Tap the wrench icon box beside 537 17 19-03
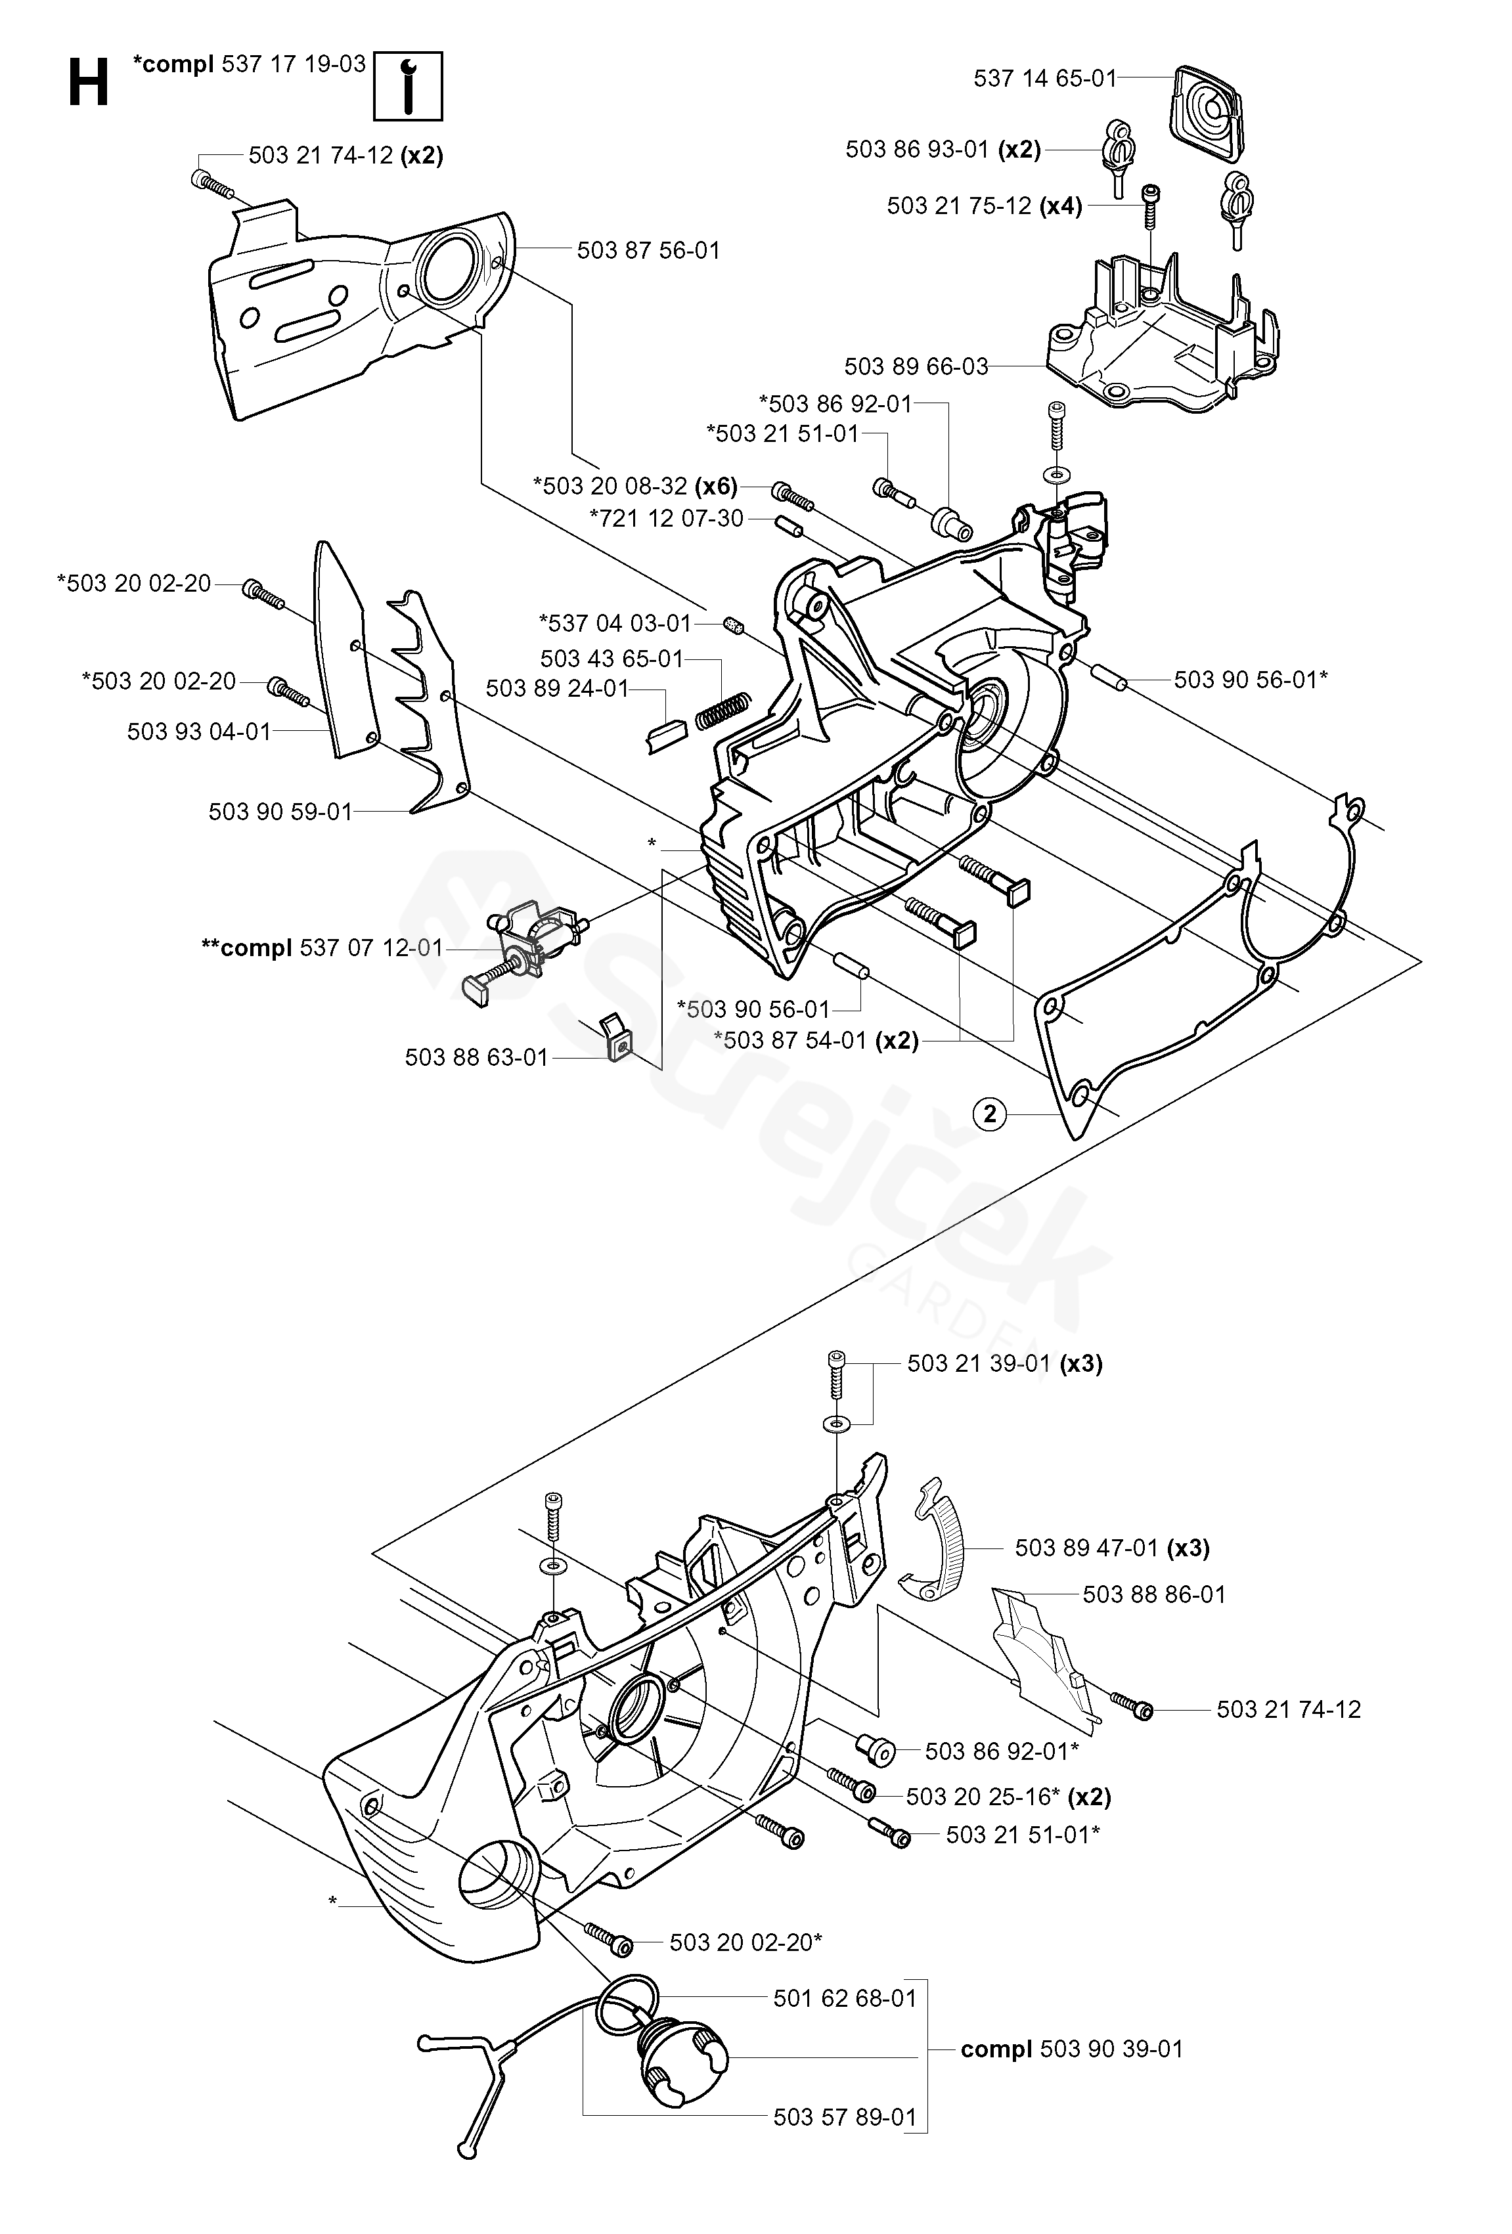(408, 85)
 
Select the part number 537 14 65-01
(1045, 78)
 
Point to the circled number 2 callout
(990, 1114)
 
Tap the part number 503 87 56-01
(648, 250)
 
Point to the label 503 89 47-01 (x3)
(1112, 1548)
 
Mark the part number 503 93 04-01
(199, 732)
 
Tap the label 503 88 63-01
(476, 1057)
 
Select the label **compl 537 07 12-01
(322, 948)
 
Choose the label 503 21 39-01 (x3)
(1004, 1363)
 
